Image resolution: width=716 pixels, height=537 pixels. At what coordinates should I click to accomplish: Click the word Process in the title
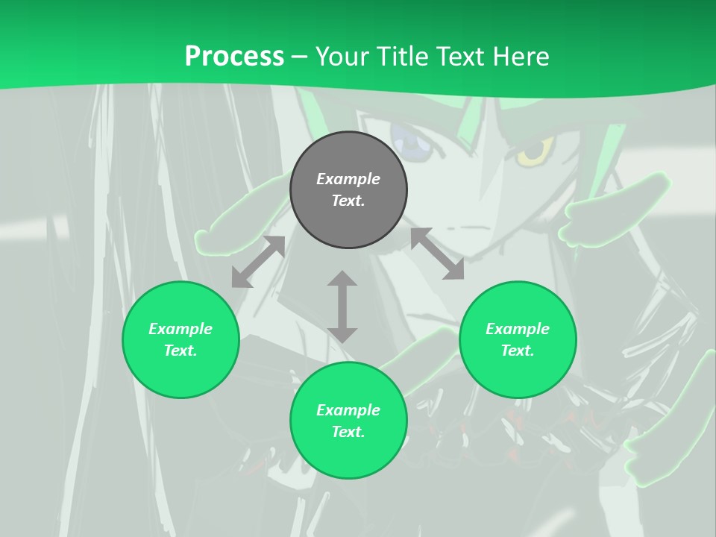(x=234, y=57)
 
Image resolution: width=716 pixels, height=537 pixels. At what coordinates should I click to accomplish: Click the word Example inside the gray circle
(x=348, y=179)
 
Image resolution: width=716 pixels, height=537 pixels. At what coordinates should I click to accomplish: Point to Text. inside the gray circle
(x=348, y=201)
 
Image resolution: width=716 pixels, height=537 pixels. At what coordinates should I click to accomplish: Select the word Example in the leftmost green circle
(x=180, y=329)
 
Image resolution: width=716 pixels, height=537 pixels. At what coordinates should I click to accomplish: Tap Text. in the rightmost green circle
(x=518, y=351)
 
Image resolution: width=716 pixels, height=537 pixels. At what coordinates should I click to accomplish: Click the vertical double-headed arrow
(x=342, y=307)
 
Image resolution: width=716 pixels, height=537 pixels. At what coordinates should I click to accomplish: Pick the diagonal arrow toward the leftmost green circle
(x=258, y=262)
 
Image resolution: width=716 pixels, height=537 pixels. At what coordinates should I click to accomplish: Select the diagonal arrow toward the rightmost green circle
(x=437, y=254)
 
